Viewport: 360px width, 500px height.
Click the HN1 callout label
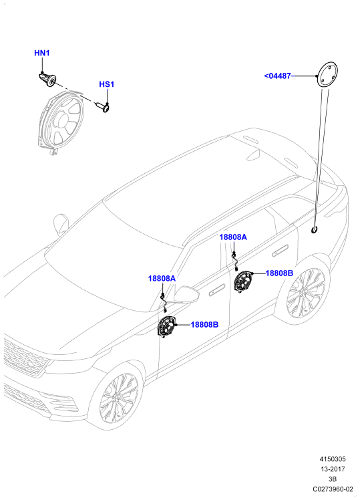pos(41,53)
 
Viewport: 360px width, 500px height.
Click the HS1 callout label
pos(106,84)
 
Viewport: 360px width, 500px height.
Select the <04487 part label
pos(277,76)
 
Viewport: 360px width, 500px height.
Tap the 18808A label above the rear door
pos(233,237)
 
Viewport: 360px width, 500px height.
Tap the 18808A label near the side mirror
pos(162,278)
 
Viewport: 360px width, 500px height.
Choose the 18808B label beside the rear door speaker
pos(279,273)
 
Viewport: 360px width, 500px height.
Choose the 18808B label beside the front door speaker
pos(204,325)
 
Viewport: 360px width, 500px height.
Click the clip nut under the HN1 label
pos(48,80)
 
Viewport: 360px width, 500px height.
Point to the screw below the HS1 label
pos(104,107)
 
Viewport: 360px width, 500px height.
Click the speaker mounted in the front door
pos(166,326)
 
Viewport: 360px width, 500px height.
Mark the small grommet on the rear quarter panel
pos(315,229)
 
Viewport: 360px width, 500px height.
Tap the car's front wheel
pos(119,398)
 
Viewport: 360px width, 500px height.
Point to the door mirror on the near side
pos(186,294)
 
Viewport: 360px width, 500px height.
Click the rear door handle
pos(280,249)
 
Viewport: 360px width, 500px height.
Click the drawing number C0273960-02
pos(333,489)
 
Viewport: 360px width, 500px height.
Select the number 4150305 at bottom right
pos(333,459)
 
